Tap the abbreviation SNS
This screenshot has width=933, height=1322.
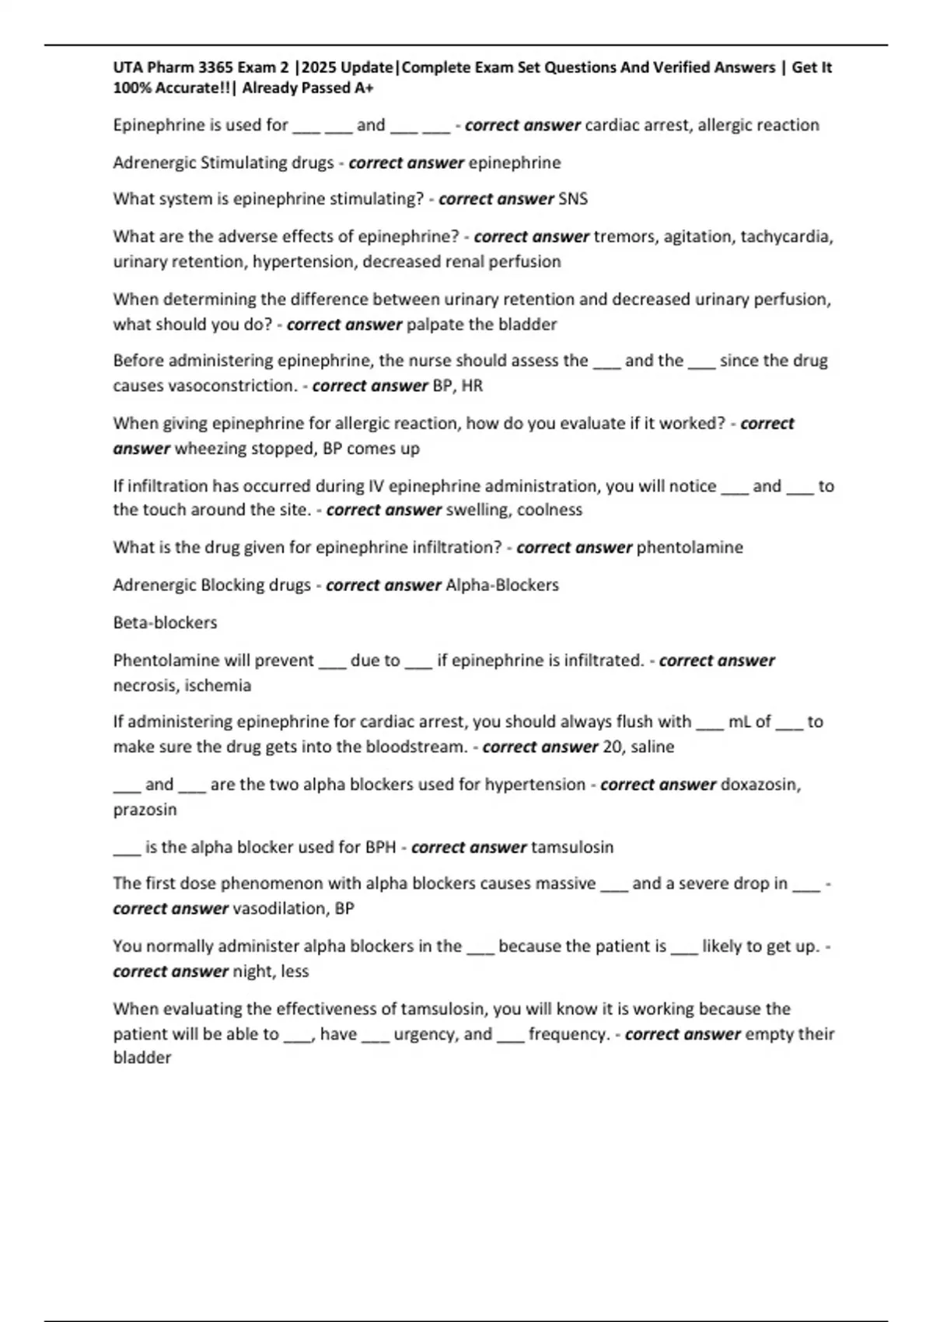[573, 199]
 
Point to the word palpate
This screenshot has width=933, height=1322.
[432, 324]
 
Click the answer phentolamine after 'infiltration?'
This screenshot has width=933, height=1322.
[690, 547]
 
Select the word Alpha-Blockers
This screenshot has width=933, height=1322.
[502, 585]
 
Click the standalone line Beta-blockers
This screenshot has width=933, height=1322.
[165, 623]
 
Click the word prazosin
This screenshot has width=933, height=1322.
[145, 810]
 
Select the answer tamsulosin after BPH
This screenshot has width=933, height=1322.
[572, 848]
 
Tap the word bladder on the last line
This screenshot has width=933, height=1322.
[142, 1058]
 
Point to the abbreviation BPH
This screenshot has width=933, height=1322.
[380, 848]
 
